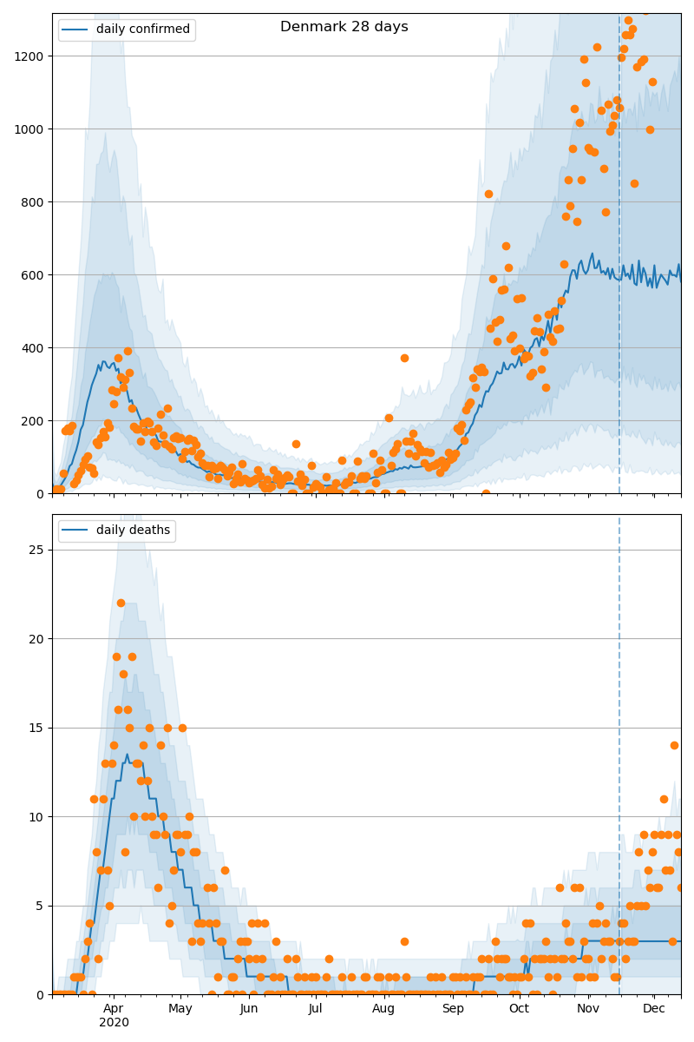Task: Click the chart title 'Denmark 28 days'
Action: tap(344, 27)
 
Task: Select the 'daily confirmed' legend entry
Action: tap(127, 30)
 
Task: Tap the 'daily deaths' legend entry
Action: tap(117, 530)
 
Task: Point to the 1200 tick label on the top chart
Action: tap(29, 56)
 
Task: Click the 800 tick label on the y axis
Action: tap(33, 202)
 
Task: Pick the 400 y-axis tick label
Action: tap(33, 348)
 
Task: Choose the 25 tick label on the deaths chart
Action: tap(36, 550)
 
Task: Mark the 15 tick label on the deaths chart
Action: tap(36, 728)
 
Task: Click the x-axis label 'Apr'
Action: tap(113, 1009)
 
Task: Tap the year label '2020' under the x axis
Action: tap(114, 1023)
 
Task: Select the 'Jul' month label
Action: tap(315, 1008)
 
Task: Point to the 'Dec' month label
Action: tap(653, 1008)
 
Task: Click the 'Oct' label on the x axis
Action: tap(520, 1008)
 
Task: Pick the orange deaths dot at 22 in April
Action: tap(121, 603)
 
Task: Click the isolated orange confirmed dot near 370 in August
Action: tap(404, 358)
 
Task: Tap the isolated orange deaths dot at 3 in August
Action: tap(404, 942)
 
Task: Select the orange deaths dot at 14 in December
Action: tap(674, 746)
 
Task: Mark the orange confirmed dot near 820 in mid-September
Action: tap(488, 194)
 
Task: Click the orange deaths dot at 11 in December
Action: tap(664, 799)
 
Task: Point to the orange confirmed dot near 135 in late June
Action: tap(296, 445)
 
